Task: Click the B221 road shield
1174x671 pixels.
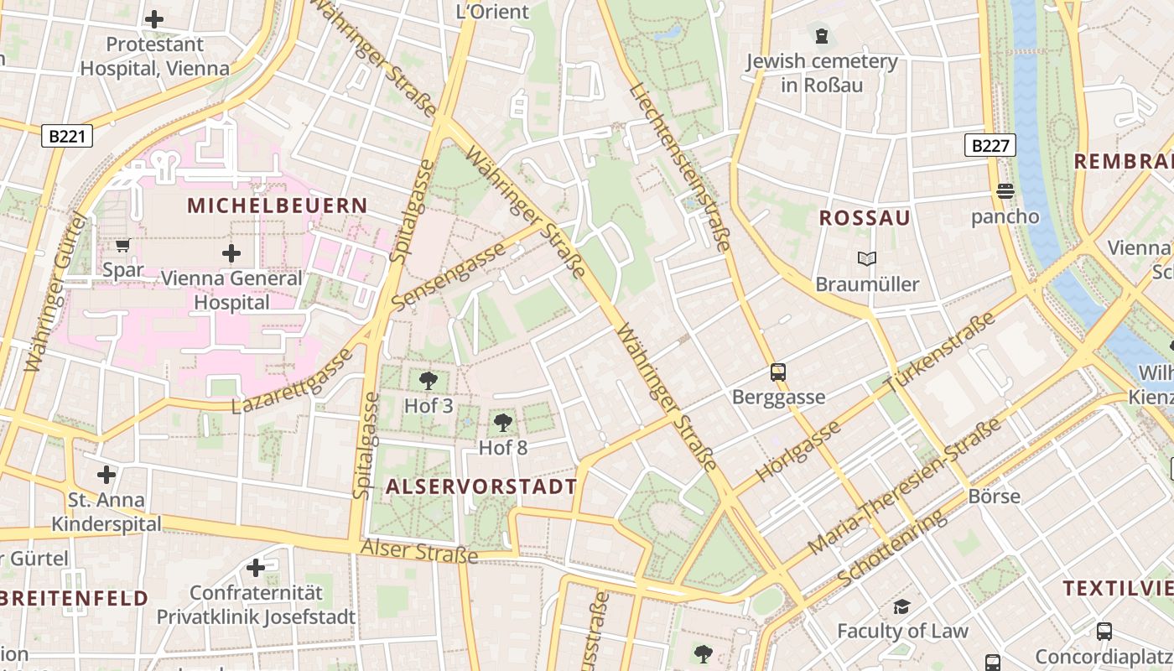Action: pos(66,136)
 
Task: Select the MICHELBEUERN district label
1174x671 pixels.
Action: pos(278,205)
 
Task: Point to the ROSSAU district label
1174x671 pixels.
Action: pos(865,218)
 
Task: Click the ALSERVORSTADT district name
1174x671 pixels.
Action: pos(482,486)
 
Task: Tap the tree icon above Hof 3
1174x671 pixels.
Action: pos(429,381)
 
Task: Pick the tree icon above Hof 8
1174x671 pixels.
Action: pos(503,422)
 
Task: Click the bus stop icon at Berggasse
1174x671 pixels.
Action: pos(778,372)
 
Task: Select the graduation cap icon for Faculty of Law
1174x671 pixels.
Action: pos(901,606)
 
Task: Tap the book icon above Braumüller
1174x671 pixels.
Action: pos(867,258)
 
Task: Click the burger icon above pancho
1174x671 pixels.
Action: pos(1005,191)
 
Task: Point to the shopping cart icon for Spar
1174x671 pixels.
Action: pos(123,245)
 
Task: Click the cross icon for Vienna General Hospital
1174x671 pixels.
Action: pos(231,252)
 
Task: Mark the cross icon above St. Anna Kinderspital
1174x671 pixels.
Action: pos(106,475)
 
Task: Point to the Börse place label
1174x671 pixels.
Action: pos(995,496)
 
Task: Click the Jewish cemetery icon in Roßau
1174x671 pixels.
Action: pos(822,36)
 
